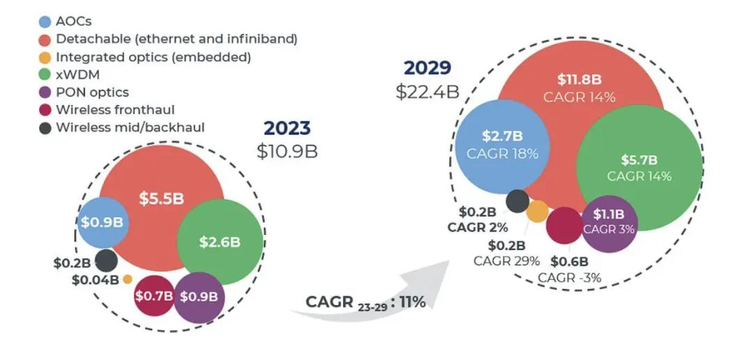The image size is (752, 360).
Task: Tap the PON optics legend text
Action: (x=92, y=93)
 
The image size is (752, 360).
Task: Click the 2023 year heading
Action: (x=287, y=128)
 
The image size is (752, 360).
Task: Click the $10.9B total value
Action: (x=287, y=151)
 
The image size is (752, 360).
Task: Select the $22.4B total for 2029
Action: (x=427, y=91)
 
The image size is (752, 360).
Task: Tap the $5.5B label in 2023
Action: (x=161, y=198)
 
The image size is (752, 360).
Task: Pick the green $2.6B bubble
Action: (x=220, y=242)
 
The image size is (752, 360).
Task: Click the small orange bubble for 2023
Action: (x=127, y=279)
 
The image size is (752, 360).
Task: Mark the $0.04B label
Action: (x=95, y=280)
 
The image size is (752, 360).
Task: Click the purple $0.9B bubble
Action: (x=199, y=296)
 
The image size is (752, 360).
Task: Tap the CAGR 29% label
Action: (x=506, y=261)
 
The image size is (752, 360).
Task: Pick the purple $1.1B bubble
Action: (x=609, y=221)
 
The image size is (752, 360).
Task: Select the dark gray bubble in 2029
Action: (x=517, y=201)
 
